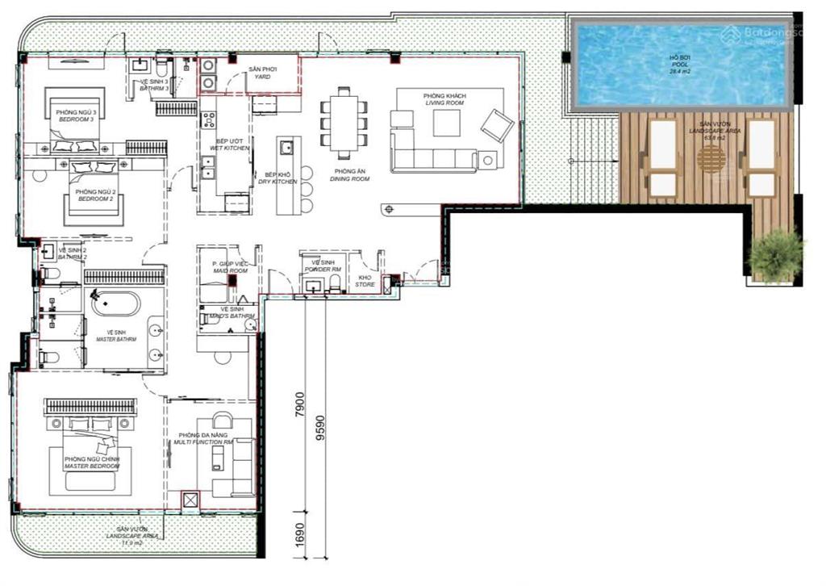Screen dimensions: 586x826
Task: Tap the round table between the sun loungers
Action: coord(710,159)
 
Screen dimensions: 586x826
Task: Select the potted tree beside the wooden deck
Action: coord(778,254)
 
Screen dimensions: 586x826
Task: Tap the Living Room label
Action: coord(444,99)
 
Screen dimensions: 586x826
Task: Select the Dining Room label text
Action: coord(349,174)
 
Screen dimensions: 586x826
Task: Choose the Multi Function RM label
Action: coord(205,439)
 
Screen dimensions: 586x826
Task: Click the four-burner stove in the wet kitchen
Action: coord(209,121)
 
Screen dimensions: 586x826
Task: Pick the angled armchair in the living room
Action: coord(497,123)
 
